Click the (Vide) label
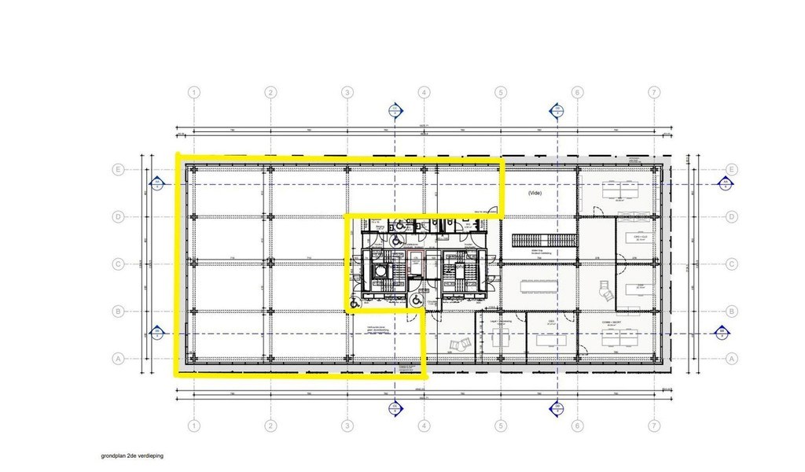click(535, 192)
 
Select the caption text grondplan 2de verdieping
click(131, 455)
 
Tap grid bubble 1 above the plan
click(193, 93)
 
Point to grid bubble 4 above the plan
click(424, 93)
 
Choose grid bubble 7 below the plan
click(653, 425)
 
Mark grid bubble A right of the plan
click(731, 359)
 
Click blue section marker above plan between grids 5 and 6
click(556, 109)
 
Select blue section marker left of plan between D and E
click(156, 185)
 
